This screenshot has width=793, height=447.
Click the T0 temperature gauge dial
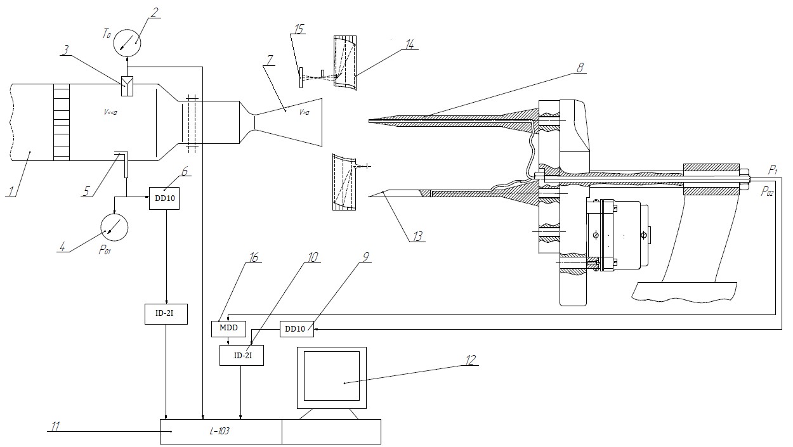127,43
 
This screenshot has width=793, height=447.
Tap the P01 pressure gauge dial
114,227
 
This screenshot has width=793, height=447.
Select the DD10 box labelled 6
164,198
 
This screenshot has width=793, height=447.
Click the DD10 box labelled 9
297,329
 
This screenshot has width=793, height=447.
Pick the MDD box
228,328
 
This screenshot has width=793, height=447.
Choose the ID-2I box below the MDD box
242,355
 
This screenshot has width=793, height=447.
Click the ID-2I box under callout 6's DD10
166,314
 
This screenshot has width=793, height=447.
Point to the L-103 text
220,431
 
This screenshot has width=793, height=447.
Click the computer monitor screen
332,375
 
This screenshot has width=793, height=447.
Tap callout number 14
410,44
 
